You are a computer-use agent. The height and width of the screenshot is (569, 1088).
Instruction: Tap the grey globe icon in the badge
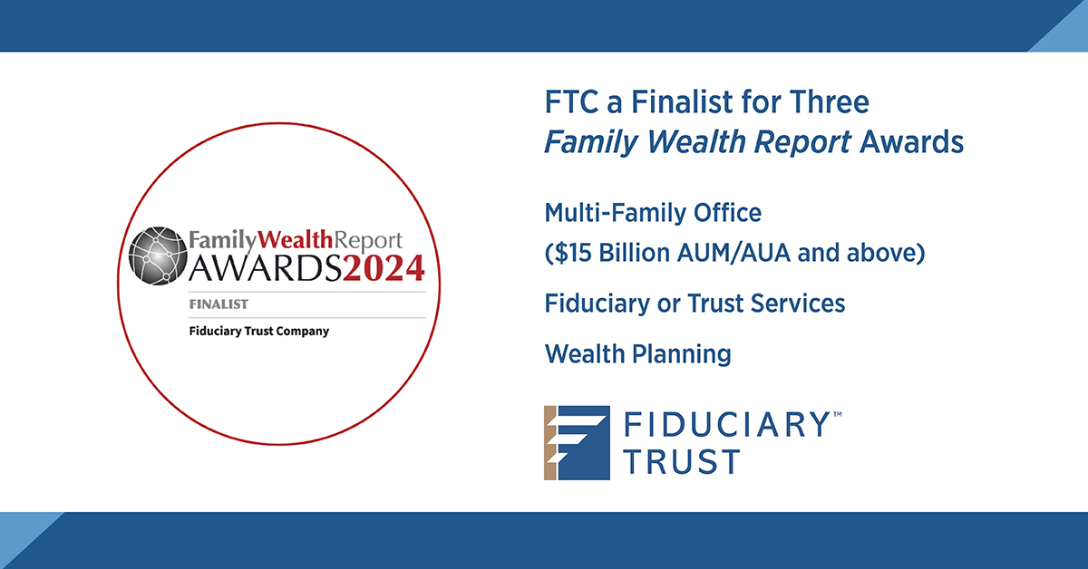click(x=158, y=255)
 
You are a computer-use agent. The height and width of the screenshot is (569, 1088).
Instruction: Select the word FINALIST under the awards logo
click(x=219, y=304)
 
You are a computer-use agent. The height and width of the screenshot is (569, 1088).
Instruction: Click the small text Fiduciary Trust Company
click(x=259, y=331)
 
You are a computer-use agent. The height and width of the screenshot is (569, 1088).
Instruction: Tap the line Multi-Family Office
click(x=653, y=214)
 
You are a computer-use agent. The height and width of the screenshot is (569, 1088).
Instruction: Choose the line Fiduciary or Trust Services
click(x=695, y=304)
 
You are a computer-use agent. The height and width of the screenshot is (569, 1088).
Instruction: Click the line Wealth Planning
click(x=637, y=353)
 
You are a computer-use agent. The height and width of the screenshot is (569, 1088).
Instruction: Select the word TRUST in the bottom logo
click(x=680, y=461)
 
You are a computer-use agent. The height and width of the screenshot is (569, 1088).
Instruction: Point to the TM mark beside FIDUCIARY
click(x=837, y=414)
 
